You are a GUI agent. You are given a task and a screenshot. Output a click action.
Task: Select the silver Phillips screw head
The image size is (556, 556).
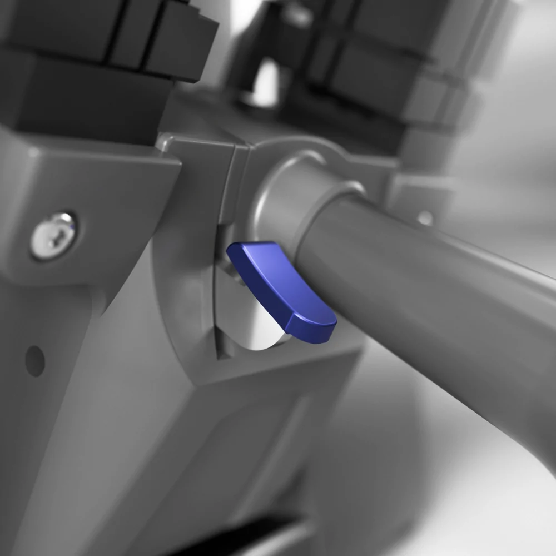click(53, 233)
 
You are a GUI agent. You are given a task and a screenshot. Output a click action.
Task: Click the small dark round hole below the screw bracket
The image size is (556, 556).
click(34, 360)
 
